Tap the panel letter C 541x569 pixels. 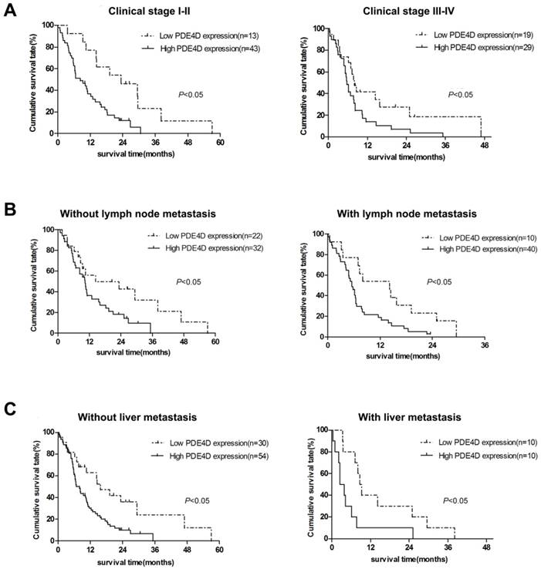tap(9, 407)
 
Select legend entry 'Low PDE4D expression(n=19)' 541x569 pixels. tap(473, 35)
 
